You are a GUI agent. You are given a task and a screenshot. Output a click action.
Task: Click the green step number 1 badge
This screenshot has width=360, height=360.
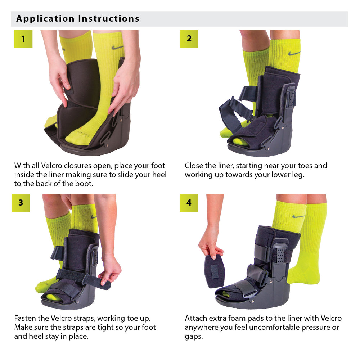tap(23, 39)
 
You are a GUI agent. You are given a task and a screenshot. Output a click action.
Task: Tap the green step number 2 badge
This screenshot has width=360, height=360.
tap(189, 39)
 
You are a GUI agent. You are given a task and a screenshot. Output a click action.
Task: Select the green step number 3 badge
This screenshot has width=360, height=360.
tap(21, 203)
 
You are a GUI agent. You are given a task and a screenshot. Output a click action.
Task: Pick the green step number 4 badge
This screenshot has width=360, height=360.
tap(189, 203)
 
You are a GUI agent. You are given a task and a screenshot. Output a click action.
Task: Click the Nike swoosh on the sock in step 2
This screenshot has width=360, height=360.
tap(294, 53)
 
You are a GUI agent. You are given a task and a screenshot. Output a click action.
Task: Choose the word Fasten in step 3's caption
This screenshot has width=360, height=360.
tap(25, 318)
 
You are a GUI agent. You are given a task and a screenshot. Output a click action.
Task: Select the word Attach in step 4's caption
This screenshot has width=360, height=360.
tap(196, 318)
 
